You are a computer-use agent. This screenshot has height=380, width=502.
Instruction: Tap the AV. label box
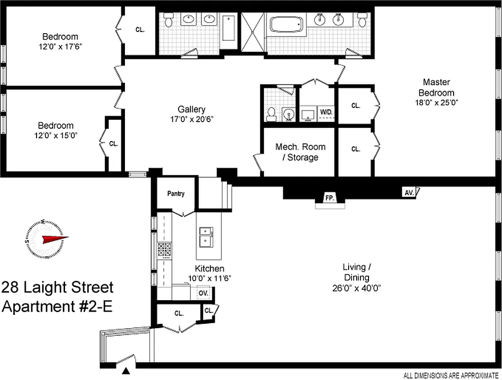408,192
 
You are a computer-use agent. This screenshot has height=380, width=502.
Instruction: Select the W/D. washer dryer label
326,112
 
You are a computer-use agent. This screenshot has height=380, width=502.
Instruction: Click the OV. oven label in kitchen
203,293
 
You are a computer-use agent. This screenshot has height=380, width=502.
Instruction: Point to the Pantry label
176,194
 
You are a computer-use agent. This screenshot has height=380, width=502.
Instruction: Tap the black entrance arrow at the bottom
127,372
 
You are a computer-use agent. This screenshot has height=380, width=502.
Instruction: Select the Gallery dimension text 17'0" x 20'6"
192,119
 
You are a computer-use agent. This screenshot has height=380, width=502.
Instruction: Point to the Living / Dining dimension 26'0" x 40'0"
356,287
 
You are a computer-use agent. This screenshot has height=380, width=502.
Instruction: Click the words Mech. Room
300,147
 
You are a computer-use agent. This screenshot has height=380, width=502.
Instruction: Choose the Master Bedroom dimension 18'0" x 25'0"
436,102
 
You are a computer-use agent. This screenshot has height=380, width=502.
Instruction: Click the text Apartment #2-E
57,306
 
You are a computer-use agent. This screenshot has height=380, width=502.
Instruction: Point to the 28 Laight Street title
57,288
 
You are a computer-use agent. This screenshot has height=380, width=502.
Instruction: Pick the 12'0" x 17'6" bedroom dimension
60,47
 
